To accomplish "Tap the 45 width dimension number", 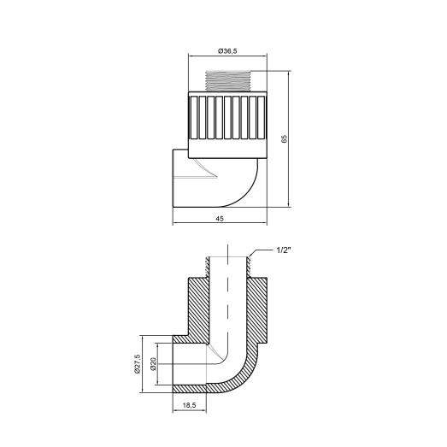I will (221, 219).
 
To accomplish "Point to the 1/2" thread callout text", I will (285, 250).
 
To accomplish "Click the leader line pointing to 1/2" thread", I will (260, 250).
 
